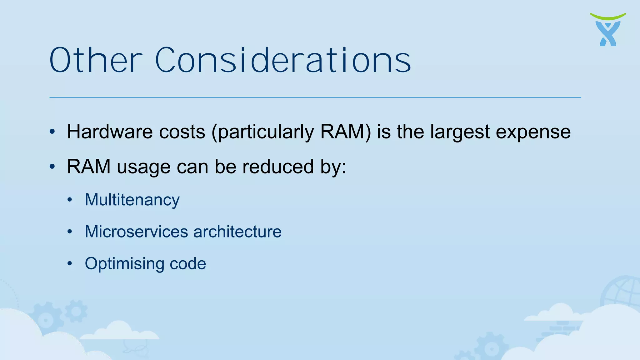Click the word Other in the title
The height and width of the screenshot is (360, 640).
tap(95, 60)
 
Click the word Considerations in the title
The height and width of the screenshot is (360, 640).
tap(283, 60)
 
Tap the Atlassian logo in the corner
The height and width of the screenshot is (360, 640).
tap(608, 30)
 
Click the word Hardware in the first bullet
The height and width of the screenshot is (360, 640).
tap(109, 132)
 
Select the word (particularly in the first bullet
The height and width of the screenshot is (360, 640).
tap(262, 132)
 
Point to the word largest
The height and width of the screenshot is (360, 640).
tap(460, 132)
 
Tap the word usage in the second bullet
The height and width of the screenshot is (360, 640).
tap(143, 167)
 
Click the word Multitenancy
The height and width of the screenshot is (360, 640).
tap(132, 200)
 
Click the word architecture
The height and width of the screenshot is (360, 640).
tap(237, 232)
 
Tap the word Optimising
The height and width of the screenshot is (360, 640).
tap(124, 264)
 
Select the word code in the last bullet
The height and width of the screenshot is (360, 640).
tap(188, 264)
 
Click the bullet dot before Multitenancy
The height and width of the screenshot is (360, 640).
tap(70, 200)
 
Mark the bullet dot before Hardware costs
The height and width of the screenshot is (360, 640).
tap(52, 132)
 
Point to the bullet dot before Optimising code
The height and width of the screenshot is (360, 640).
tap(70, 263)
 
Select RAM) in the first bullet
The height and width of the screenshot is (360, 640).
tap(346, 132)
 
